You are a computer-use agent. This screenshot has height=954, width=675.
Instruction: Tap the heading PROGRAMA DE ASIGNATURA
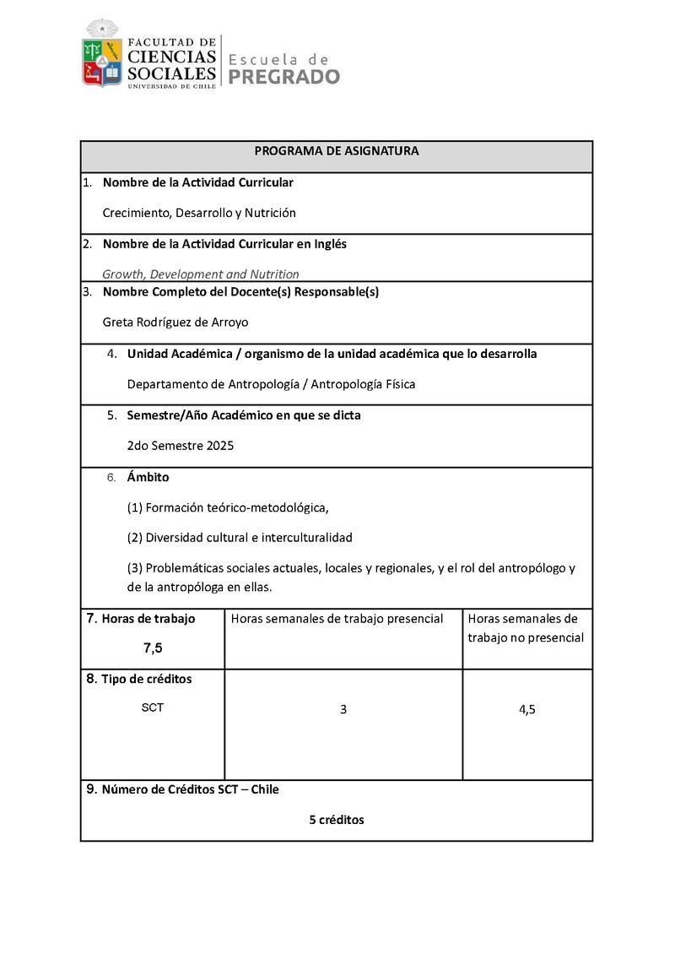pyautogui.click(x=337, y=151)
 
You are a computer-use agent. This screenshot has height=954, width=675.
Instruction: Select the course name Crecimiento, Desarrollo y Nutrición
pyautogui.click(x=198, y=213)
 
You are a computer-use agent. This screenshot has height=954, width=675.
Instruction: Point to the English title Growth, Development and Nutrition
pyautogui.click(x=200, y=274)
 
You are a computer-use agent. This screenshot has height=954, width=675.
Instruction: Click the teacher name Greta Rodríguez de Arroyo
pyautogui.click(x=175, y=322)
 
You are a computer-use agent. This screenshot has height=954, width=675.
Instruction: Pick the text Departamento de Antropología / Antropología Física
pyautogui.click(x=271, y=384)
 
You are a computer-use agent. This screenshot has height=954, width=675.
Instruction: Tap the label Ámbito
pyautogui.click(x=148, y=477)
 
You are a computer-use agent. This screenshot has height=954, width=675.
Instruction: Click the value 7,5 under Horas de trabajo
pyautogui.click(x=153, y=648)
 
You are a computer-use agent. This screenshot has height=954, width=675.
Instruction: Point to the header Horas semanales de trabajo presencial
pyautogui.click(x=337, y=619)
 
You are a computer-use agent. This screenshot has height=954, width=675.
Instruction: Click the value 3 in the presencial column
pyautogui.click(x=343, y=710)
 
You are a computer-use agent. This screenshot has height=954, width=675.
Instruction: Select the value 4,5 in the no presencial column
pyautogui.click(x=527, y=710)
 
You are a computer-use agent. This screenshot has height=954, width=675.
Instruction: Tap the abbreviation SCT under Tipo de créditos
pyautogui.click(x=153, y=707)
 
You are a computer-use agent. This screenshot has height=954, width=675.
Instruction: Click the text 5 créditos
pyautogui.click(x=337, y=819)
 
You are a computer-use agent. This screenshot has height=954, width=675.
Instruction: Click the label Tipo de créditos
pyautogui.click(x=146, y=679)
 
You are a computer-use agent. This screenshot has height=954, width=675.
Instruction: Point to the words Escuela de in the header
pyautogui.click(x=278, y=58)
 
